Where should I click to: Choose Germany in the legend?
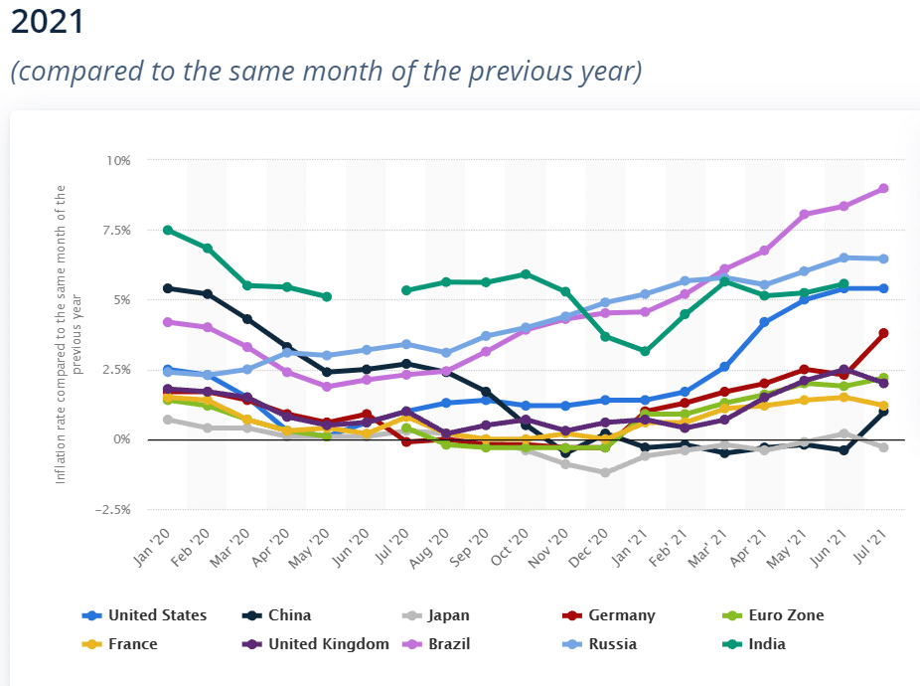coord(621,615)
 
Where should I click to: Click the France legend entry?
coord(132,644)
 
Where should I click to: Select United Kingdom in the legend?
coord(329,644)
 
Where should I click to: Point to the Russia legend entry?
coord(612,644)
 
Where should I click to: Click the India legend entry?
coord(767,644)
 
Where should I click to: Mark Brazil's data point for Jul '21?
coord(883,188)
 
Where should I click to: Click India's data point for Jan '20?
coord(168,230)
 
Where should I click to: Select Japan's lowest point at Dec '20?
coord(605,472)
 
